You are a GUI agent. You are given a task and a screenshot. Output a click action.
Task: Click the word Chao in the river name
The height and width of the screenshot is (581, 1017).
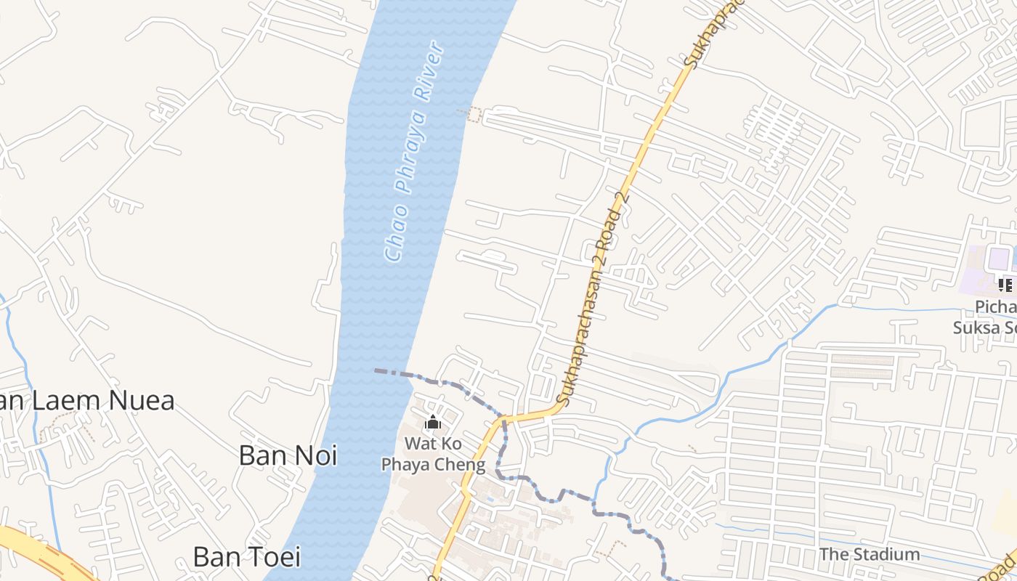click(x=394, y=235)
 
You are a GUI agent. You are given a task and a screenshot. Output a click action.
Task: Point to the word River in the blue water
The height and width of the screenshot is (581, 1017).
click(x=429, y=70)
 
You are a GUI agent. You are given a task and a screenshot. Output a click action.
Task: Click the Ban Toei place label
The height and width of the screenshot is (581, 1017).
click(x=246, y=556)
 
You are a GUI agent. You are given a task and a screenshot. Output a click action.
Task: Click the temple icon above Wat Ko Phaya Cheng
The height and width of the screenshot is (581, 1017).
click(x=433, y=422)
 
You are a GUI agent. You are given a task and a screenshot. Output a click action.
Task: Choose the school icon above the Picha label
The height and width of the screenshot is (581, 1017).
click(x=1006, y=285)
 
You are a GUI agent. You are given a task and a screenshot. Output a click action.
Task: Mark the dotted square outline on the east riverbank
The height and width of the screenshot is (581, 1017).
click(x=474, y=114)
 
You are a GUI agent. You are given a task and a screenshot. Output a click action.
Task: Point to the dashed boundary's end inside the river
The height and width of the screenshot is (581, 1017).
click(x=376, y=370)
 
